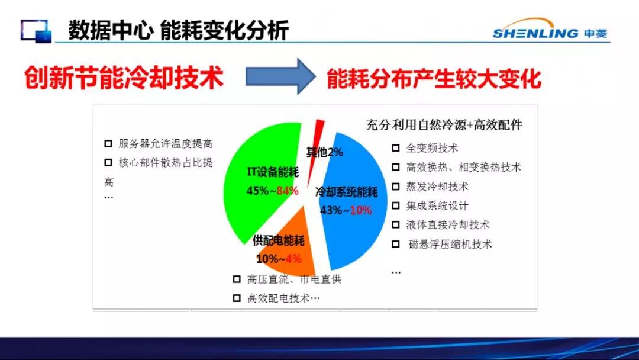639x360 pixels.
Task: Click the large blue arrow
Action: pyautogui.click(x=280, y=76)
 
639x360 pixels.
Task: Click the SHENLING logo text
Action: pyautogui.click(x=535, y=33)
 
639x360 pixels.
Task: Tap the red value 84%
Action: pyautogui.click(x=288, y=191)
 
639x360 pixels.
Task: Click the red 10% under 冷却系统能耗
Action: pyautogui.click(x=361, y=210)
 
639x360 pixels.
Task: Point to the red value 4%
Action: pyautogui.click(x=293, y=259)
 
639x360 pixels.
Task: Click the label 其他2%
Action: pyautogui.click(x=324, y=152)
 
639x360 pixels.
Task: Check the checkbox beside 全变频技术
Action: pyautogui.click(x=395, y=147)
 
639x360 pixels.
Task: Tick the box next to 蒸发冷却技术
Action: pyautogui.click(x=395, y=187)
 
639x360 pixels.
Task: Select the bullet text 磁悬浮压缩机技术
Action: pyautogui.click(x=450, y=244)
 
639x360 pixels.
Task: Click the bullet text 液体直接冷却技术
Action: pyautogui.click(x=447, y=224)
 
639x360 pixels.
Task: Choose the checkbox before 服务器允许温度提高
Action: pyautogui.click(x=108, y=143)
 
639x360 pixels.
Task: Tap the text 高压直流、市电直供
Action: pyautogui.click(x=294, y=279)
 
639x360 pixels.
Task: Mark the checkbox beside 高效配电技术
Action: pyautogui.click(x=236, y=298)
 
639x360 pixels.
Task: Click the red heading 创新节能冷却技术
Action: pyautogui.click(x=124, y=78)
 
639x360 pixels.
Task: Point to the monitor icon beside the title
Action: pyautogui.click(x=36, y=31)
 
